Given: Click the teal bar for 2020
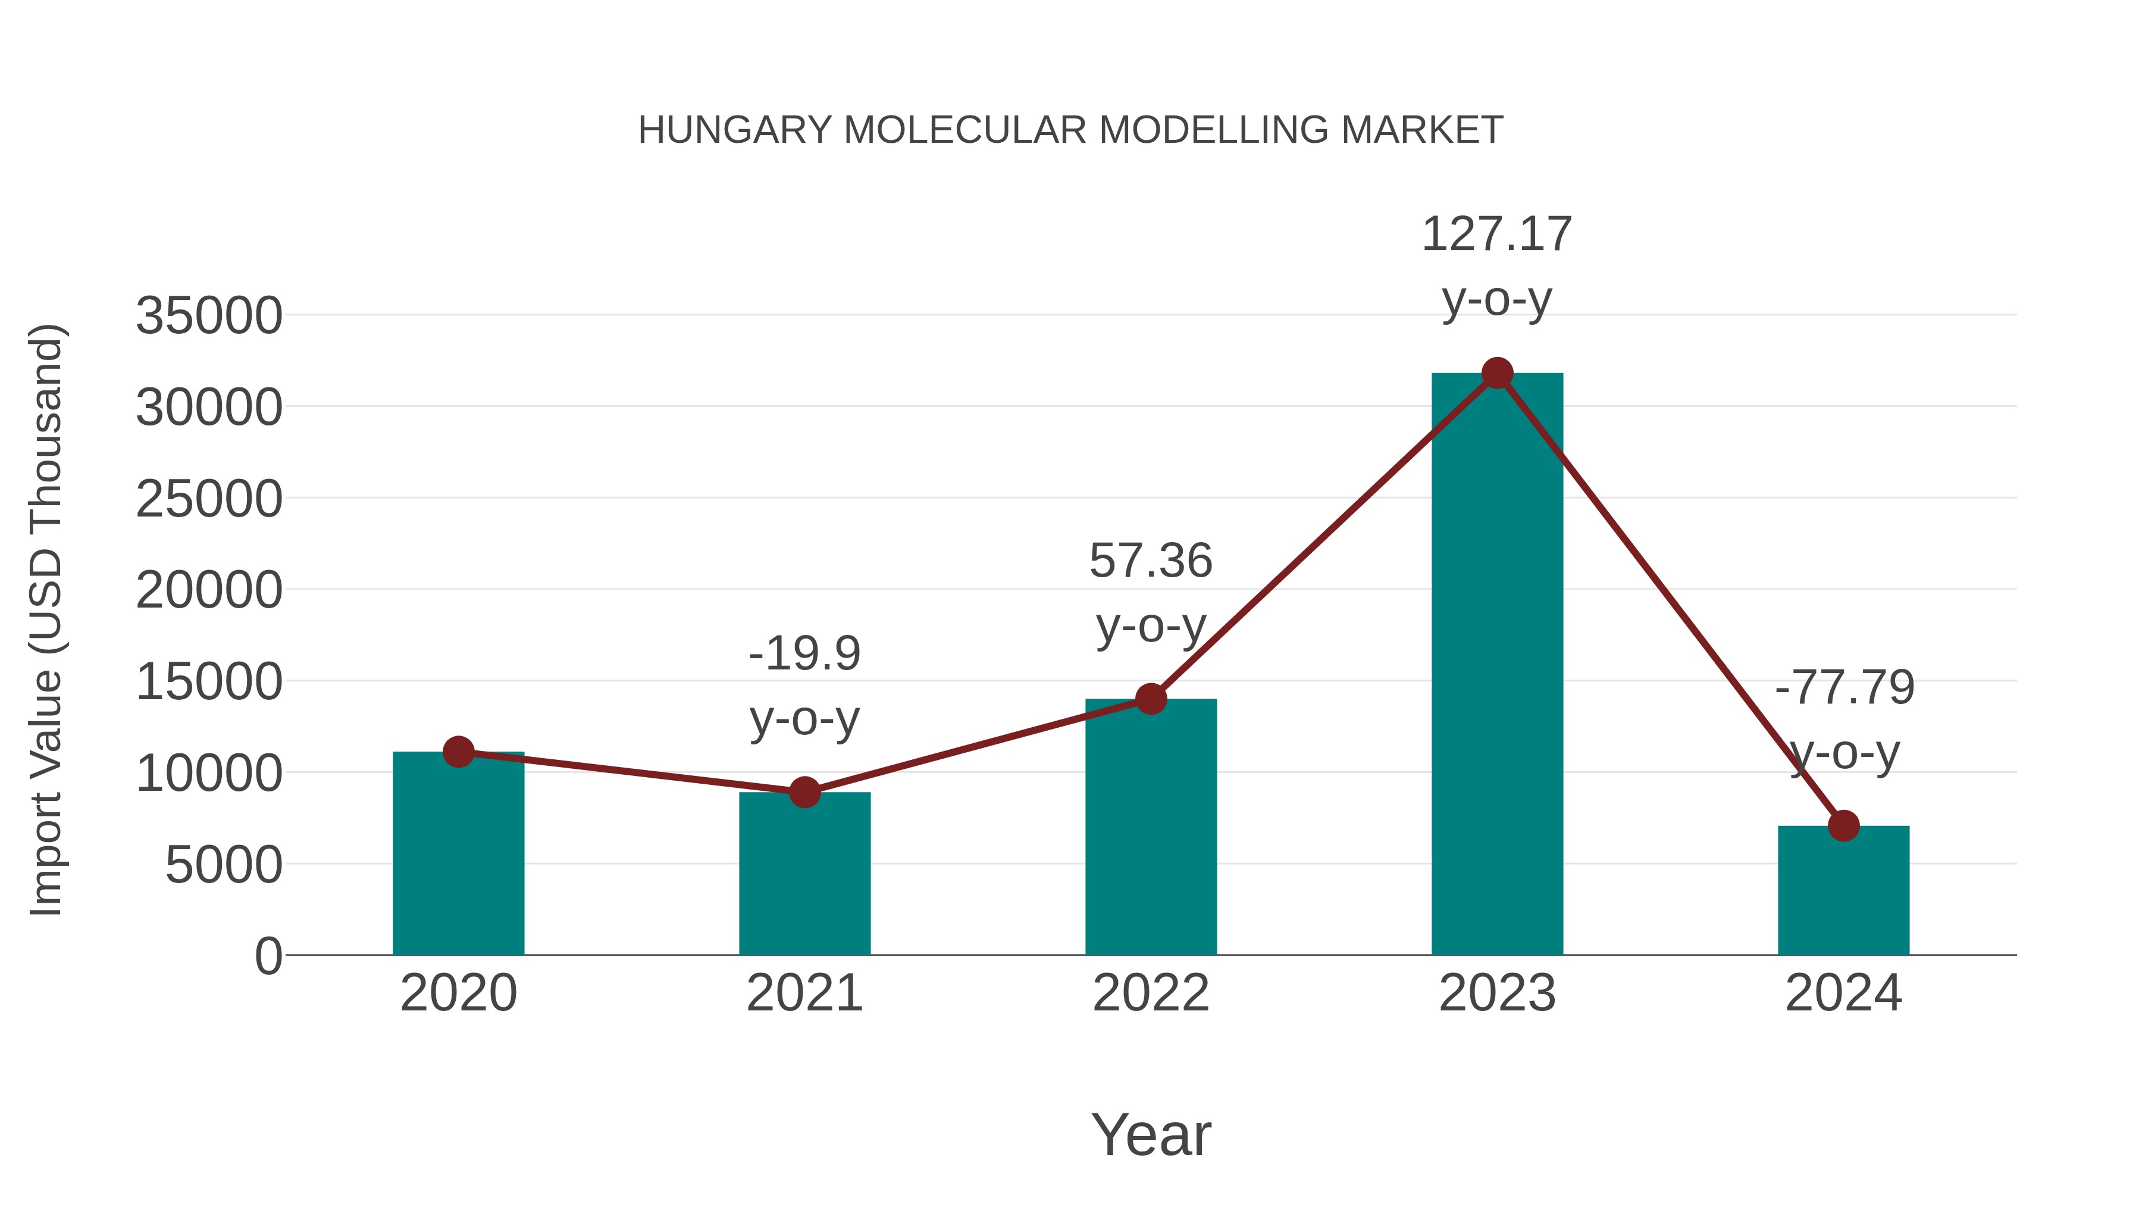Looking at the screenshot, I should coord(458,856).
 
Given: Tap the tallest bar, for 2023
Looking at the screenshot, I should coord(1497,665).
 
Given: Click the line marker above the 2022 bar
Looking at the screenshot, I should coord(1151,699).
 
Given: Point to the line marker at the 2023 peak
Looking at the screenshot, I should coord(1497,373).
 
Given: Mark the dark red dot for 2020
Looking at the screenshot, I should coord(458,752).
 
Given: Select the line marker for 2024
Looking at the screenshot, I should coord(1843,826).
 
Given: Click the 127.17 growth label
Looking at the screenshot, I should coord(1497,234).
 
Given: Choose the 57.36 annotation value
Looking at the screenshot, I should coord(1151,561).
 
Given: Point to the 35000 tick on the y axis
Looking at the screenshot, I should coord(209,316).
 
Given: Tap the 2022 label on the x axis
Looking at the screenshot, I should coord(1151,993).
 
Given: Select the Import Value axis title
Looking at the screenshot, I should coord(46,619).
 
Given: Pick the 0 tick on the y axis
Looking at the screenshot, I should coord(268,956).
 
